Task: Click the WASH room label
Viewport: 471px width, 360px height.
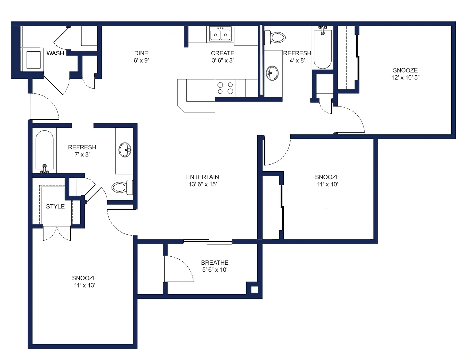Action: (x=55, y=53)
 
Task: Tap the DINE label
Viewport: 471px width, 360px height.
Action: (x=141, y=53)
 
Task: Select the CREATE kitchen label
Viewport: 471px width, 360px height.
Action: (x=222, y=53)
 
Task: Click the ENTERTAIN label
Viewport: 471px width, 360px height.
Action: (x=202, y=177)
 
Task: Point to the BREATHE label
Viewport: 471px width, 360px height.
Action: (x=215, y=262)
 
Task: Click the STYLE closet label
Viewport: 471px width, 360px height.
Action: (x=55, y=206)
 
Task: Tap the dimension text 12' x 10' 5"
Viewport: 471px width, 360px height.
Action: (x=405, y=77)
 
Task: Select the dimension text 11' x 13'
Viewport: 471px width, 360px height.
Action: (x=85, y=285)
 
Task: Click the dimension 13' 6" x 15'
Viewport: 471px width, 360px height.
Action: (x=203, y=184)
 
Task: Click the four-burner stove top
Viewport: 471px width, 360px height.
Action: (x=225, y=88)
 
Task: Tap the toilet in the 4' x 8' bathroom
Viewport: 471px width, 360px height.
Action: (x=275, y=38)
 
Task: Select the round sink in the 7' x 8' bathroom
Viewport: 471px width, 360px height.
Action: (x=125, y=150)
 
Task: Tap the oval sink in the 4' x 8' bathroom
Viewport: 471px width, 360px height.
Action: (x=272, y=73)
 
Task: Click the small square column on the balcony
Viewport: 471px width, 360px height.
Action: (x=254, y=290)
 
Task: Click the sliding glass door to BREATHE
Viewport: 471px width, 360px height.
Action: (x=208, y=242)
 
